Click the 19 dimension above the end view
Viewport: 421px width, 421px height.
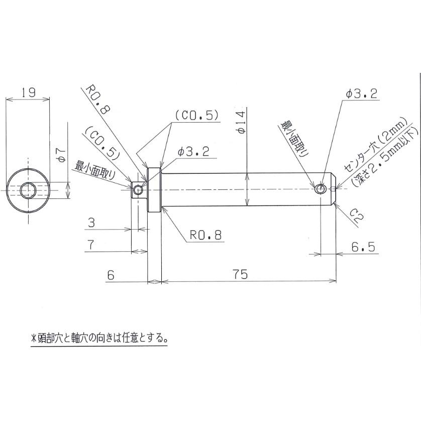(x=28, y=92)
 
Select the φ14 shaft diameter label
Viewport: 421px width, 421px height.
(x=241, y=122)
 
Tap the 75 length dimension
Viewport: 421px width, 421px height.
(x=242, y=275)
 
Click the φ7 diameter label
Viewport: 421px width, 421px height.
(x=60, y=154)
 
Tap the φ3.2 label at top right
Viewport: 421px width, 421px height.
(x=361, y=93)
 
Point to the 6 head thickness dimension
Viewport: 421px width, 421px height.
(x=111, y=275)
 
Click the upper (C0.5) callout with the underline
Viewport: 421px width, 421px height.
(x=196, y=115)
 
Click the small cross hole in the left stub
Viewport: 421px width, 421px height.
(x=138, y=189)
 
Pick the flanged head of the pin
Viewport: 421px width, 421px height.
(x=154, y=189)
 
